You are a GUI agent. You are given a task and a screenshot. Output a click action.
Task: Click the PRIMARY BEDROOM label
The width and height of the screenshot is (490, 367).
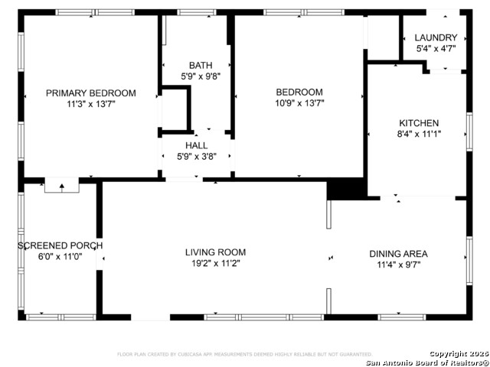90,93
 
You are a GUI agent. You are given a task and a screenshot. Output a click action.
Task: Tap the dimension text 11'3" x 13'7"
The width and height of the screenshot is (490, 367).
90,104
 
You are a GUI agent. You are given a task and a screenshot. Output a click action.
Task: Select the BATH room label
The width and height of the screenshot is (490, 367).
201,66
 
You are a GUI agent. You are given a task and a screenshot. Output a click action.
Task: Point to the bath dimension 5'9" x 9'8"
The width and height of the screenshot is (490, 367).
201,76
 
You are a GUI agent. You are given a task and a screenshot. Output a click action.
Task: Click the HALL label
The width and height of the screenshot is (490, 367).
196,145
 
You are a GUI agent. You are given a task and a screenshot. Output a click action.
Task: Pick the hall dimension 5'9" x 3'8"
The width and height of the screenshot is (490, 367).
196,156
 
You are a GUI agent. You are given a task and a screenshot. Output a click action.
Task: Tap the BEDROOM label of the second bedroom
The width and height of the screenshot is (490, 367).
299,92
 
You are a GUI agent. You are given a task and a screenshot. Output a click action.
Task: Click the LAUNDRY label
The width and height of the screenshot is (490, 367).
436,37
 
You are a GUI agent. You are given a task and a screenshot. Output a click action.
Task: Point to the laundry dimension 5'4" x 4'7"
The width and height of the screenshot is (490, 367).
436,48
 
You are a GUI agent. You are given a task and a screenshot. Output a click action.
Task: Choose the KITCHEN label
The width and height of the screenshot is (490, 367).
419,123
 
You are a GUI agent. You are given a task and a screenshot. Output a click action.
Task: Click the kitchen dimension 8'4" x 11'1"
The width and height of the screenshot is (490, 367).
419,134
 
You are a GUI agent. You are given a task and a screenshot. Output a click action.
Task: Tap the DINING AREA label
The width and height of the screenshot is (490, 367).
398,254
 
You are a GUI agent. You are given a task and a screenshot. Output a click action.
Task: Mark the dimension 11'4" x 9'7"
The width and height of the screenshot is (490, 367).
398,265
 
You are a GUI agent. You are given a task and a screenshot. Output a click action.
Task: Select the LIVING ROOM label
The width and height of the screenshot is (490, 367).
215,252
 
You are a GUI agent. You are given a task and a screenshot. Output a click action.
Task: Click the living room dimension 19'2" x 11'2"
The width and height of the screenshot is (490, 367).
215,263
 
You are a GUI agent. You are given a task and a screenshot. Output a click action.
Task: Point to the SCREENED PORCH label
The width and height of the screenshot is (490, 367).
60,245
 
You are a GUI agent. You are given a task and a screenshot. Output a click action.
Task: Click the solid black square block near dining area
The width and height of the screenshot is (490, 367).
345,189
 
